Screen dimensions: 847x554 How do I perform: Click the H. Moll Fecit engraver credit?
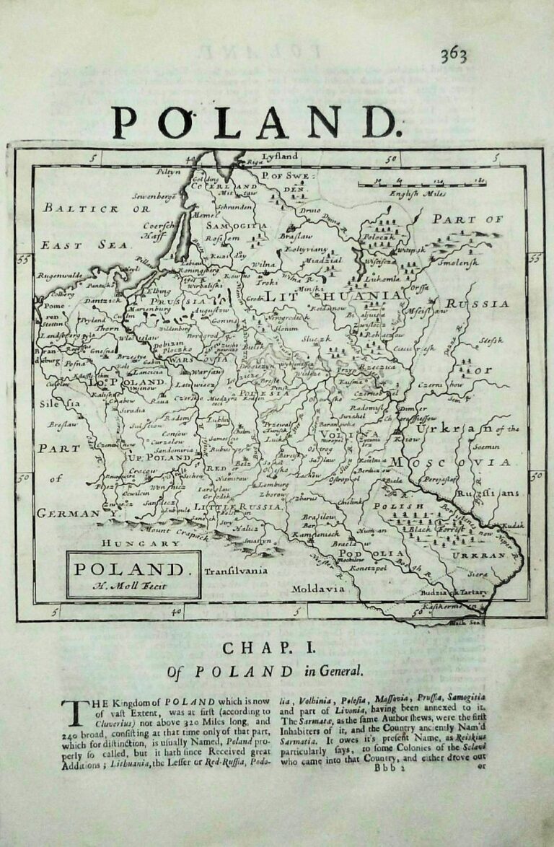point(133,586)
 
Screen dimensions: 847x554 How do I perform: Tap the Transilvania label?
point(235,571)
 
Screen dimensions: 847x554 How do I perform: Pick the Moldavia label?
point(317,589)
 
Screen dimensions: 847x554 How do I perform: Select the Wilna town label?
point(264,265)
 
